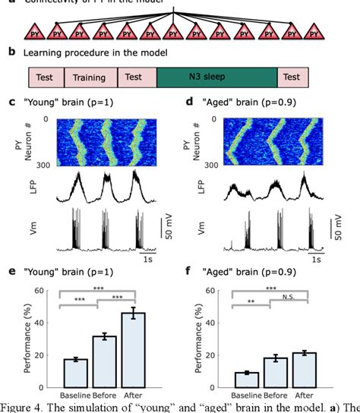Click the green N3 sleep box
[x=216, y=77]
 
